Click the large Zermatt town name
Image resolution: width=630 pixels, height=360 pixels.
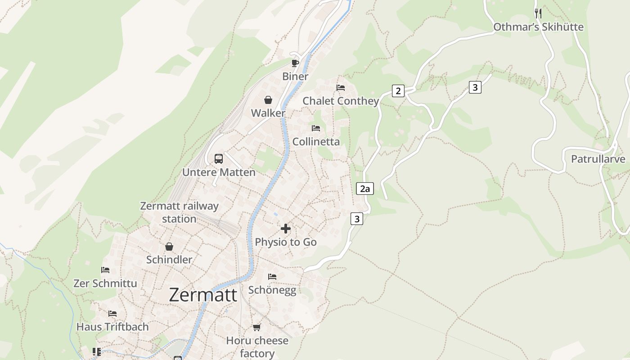click(203, 295)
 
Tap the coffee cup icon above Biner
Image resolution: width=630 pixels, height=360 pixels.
click(295, 63)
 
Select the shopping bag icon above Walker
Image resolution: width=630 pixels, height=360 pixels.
click(268, 100)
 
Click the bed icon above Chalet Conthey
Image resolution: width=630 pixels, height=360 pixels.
click(341, 87)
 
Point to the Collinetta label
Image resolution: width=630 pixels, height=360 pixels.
click(316, 142)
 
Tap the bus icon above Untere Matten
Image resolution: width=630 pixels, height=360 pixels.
click(219, 158)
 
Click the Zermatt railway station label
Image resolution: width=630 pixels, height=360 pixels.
click(179, 212)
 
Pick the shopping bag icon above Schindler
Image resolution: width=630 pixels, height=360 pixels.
click(169, 247)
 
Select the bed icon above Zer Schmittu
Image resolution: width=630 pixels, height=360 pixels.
click(105, 270)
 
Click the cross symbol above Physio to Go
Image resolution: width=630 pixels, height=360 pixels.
click(286, 229)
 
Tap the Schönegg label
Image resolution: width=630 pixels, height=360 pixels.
click(272, 290)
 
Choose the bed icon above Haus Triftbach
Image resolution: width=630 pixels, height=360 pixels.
click(112, 313)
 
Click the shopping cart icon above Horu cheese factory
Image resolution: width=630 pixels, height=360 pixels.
click(257, 327)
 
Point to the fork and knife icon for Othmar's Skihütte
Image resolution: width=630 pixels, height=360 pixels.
click(538, 13)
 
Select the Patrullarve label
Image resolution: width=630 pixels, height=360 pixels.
click(598, 159)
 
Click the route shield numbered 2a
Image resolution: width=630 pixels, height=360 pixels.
click(365, 189)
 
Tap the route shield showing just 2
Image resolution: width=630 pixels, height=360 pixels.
click(398, 91)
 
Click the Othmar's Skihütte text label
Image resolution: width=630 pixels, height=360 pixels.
click(538, 27)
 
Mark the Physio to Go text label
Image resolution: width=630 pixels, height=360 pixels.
click(286, 242)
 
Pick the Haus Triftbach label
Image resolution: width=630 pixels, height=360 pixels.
click(112, 327)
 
